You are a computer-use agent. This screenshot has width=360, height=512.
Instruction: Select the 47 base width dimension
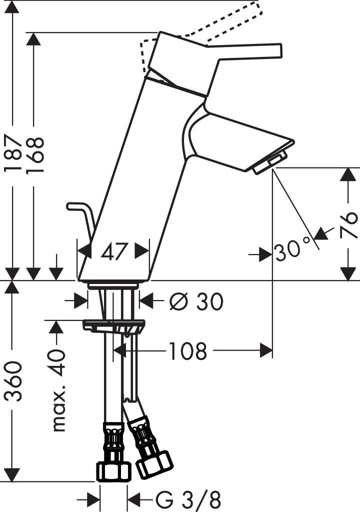(x=113, y=251)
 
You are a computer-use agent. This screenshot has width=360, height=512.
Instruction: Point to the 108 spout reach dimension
(x=187, y=351)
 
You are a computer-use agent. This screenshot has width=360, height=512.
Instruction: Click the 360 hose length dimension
(x=14, y=381)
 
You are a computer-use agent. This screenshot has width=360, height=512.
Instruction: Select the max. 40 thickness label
(x=59, y=389)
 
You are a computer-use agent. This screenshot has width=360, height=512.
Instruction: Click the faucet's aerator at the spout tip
(x=270, y=163)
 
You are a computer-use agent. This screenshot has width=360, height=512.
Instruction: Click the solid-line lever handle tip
(x=277, y=50)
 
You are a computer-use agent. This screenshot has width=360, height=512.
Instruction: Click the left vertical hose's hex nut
(x=113, y=470)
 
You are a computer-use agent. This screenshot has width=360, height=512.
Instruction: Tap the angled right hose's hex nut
(x=154, y=464)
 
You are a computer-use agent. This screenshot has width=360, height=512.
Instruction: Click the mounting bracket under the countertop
(x=113, y=326)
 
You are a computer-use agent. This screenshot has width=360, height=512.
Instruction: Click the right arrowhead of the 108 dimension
(x=266, y=351)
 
